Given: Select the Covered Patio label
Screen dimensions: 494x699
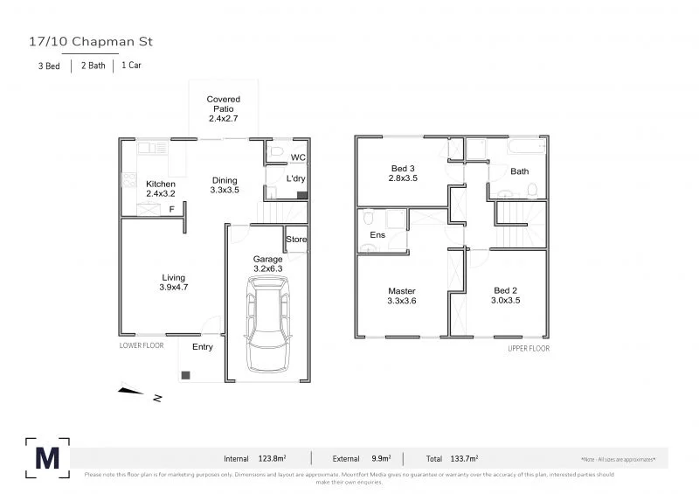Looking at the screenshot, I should point(224,108).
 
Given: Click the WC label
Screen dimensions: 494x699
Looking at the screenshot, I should point(297,157).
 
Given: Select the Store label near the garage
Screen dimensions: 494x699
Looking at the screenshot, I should point(296,240).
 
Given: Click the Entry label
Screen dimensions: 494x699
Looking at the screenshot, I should point(202,347).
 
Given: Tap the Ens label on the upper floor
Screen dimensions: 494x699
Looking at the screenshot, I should point(378,235).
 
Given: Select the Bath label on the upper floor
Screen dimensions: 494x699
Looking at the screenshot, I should point(520,171).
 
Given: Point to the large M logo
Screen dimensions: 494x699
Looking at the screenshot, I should point(46,457).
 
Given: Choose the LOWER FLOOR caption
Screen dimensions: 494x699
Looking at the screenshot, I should point(141,346).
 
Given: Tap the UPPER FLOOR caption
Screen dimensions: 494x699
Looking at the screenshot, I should point(529,348).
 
